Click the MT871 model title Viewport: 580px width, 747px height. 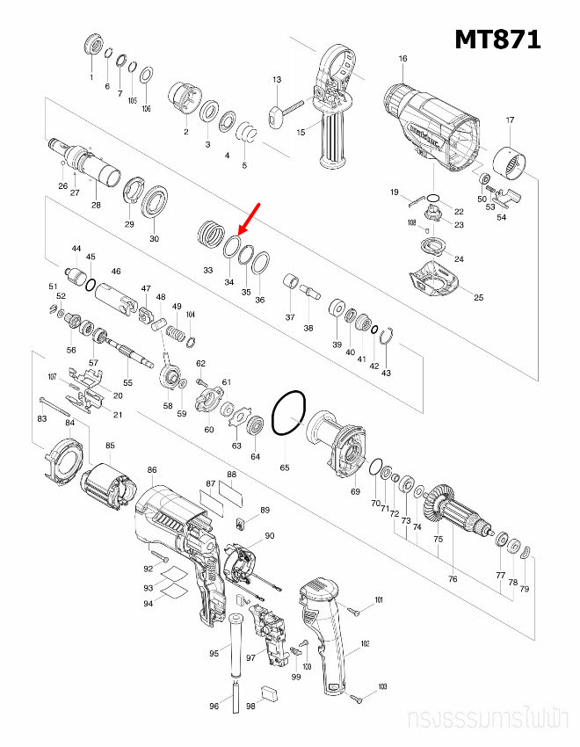point(497,40)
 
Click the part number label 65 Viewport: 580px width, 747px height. point(285,468)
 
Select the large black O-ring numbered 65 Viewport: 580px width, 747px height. point(289,413)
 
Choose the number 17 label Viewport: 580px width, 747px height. point(509,120)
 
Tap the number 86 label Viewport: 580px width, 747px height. point(152,471)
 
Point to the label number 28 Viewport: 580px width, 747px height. point(96,205)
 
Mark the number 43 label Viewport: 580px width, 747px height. point(385,373)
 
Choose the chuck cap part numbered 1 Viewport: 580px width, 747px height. point(91,46)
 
